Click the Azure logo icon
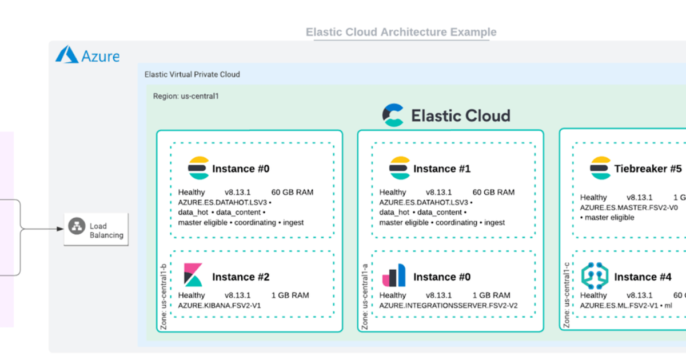[67, 55]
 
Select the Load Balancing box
[95, 230]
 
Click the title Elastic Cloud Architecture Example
[401, 32]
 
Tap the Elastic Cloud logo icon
[393, 115]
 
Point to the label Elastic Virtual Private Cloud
[192, 74]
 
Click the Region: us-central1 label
[186, 96]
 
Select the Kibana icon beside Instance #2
[193, 275]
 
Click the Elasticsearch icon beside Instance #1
[399, 168]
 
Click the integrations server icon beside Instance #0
[394, 275]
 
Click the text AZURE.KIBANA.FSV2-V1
[220, 306]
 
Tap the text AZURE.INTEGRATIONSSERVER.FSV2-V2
[448, 306]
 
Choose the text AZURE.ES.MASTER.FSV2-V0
[629, 207]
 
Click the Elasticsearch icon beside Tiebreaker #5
[600, 168]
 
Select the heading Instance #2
[241, 277]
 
